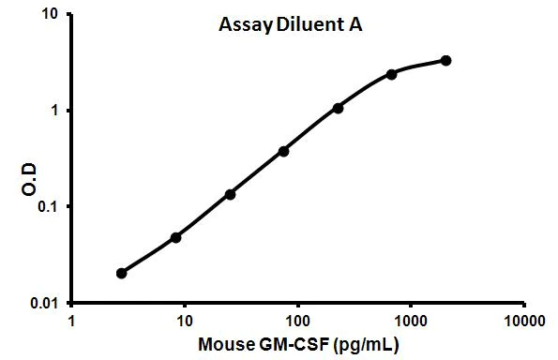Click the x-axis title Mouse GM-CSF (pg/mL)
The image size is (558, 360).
(298, 344)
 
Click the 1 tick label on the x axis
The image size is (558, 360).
(72, 319)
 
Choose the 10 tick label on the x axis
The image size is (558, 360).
(185, 319)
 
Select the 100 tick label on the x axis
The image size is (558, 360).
(298, 319)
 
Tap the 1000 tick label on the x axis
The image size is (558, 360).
(411, 319)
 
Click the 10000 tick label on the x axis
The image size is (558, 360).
(523, 319)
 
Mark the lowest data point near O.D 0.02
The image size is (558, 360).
(122, 273)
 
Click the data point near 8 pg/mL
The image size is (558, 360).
(175, 237)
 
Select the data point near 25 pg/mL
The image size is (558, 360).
(230, 194)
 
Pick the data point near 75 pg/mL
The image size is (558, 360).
(283, 151)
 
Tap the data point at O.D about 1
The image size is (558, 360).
(338, 108)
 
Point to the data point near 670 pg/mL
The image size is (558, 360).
(391, 74)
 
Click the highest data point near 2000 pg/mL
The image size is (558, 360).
(445, 61)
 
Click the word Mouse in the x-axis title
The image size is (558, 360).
(223, 344)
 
